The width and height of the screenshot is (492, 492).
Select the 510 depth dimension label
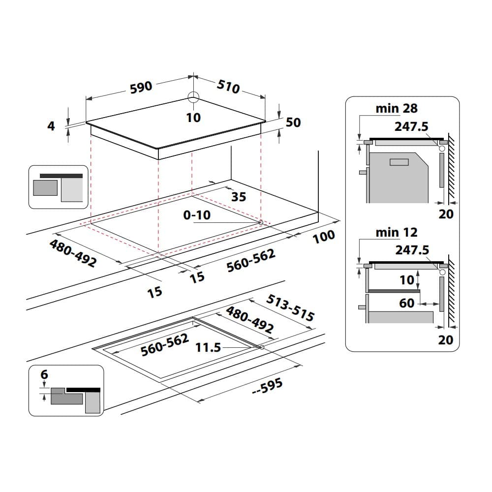229,86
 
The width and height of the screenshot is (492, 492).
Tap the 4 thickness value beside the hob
51,126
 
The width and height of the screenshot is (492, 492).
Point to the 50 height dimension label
293,122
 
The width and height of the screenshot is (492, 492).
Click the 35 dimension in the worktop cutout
238,197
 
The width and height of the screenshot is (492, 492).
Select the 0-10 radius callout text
196,215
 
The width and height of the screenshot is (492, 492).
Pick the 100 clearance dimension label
323,236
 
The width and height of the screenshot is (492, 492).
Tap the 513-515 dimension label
290,308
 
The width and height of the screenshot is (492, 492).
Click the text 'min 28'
397,109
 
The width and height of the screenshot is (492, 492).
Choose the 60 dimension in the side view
407,304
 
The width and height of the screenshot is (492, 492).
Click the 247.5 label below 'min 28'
411,126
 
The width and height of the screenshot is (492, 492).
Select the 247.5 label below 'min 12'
412,250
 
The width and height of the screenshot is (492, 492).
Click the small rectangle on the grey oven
399,162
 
